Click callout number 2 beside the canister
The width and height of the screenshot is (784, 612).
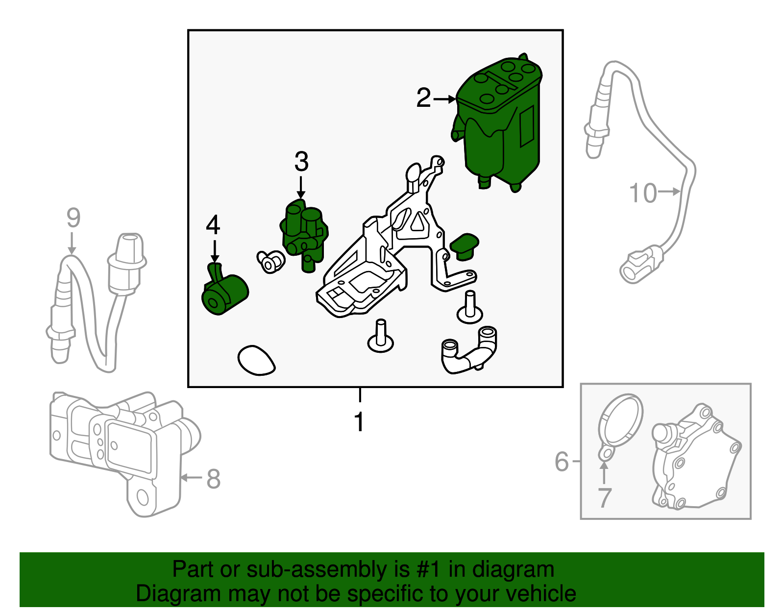pyautogui.click(x=423, y=98)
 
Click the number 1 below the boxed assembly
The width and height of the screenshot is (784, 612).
pyautogui.click(x=360, y=421)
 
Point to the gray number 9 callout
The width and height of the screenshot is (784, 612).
pyautogui.click(x=73, y=218)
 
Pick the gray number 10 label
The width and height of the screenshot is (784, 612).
pyautogui.click(x=642, y=193)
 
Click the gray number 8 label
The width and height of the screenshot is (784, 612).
pyautogui.click(x=213, y=479)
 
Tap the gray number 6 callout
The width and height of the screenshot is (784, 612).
pyautogui.click(x=562, y=462)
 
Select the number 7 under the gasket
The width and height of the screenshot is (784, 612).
pyautogui.click(x=605, y=498)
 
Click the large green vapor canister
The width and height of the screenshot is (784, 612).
pyautogui.click(x=500, y=122)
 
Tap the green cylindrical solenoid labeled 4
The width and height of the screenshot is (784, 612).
pyautogui.click(x=225, y=294)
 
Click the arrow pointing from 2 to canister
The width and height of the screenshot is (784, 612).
pyautogui.click(x=444, y=99)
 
